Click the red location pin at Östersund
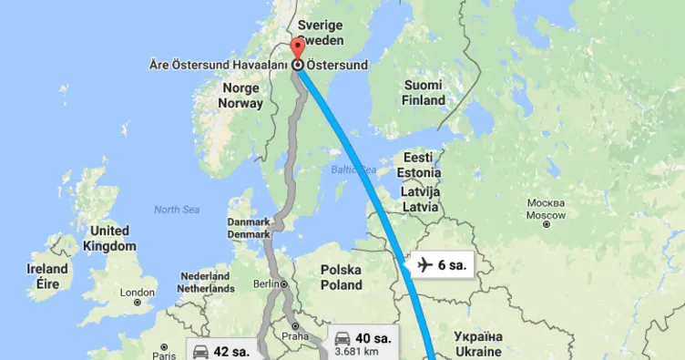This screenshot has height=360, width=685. [298, 49]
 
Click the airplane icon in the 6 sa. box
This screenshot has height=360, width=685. [424, 265]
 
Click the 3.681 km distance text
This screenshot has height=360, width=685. [355, 351]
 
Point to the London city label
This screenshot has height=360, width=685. [138, 293]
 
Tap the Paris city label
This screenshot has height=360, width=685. [164, 346]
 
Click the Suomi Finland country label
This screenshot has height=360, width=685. [423, 92]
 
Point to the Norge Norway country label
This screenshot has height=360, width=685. [240, 96]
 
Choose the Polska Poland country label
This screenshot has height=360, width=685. [341, 278]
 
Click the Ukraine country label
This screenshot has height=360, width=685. [477, 344]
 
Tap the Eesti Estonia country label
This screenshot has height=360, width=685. [420, 165]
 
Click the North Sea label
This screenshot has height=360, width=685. [176, 210]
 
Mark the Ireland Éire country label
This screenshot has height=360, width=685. [47, 276]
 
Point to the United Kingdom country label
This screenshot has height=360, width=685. [108, 239]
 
